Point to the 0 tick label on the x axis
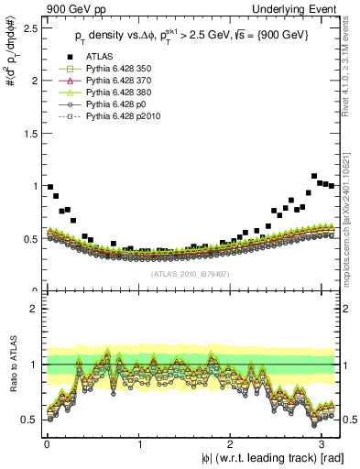[x=47, y=444]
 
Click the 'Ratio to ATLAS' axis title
[x=12, y=365]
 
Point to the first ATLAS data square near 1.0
[x=50, y=187]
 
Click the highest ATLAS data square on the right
[x=314, y=176]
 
